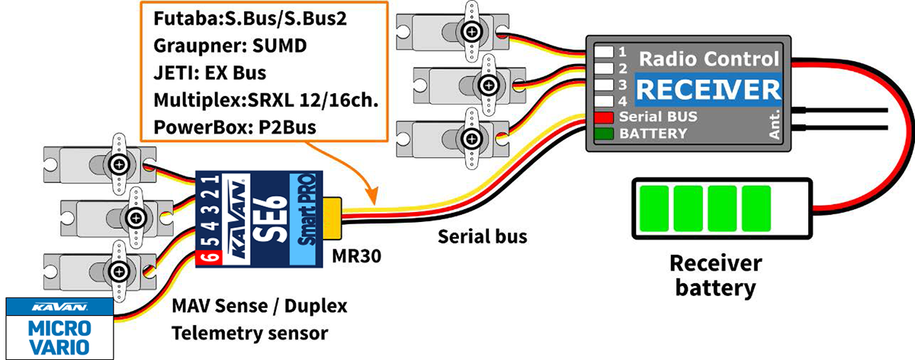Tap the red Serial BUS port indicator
pos(605,118)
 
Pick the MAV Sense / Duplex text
pos(259,307)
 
